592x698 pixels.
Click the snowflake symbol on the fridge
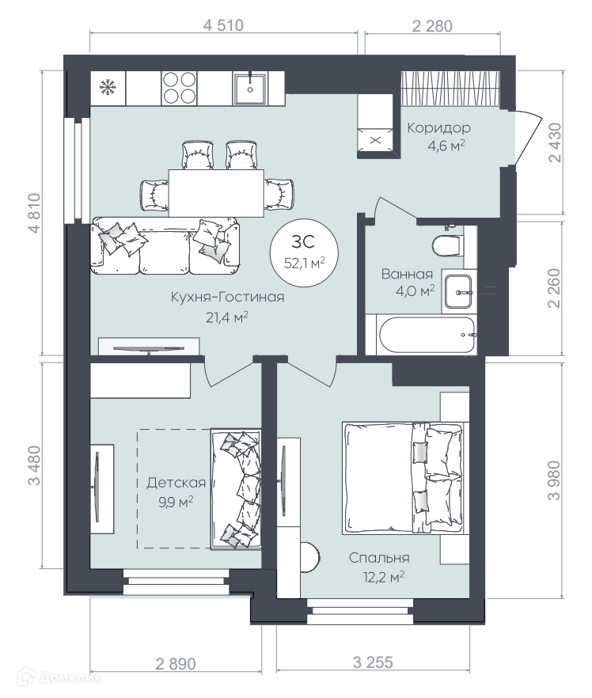pyautogui.click(x=108, y=87)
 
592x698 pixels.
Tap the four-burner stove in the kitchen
pyautogui.click(x=179, y=88)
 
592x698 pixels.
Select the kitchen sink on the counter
pyautogui.click(x=250, y=89)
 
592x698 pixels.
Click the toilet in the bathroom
pyautogui.click(x=447, y=244)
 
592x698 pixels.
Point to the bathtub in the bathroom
pyautogui.click(x=427, y=335)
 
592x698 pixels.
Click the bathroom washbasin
pyautogui.click(x=458, y=291)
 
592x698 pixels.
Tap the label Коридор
pyautogui.click(x=439, y=128)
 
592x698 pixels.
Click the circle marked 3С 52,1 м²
pyautogui.click(x=305, y=252)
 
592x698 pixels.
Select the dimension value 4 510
pyautogui.click(x=223, y=25)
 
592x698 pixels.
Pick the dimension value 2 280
pyautogui.click(x=432, y=26)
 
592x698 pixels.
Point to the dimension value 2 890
pyautogui.click(x=176, y=664)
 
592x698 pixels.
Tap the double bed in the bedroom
pyautogui.click(x=403, y=478)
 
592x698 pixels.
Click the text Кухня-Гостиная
pyautogui.click(x=227, y=297)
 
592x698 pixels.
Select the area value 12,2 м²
pyautogui.click(x=384, y=577)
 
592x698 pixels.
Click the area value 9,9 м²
pyautogui.click(x=176, y=502)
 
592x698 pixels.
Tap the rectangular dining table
pyautogui.click(x=216, y=193)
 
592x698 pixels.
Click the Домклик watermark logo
pyautogui.click(x=59, y=678)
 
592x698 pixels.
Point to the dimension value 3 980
pyautogui.click(x=554, y=480)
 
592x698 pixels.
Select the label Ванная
pyautogui.click(x=407, y=274)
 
